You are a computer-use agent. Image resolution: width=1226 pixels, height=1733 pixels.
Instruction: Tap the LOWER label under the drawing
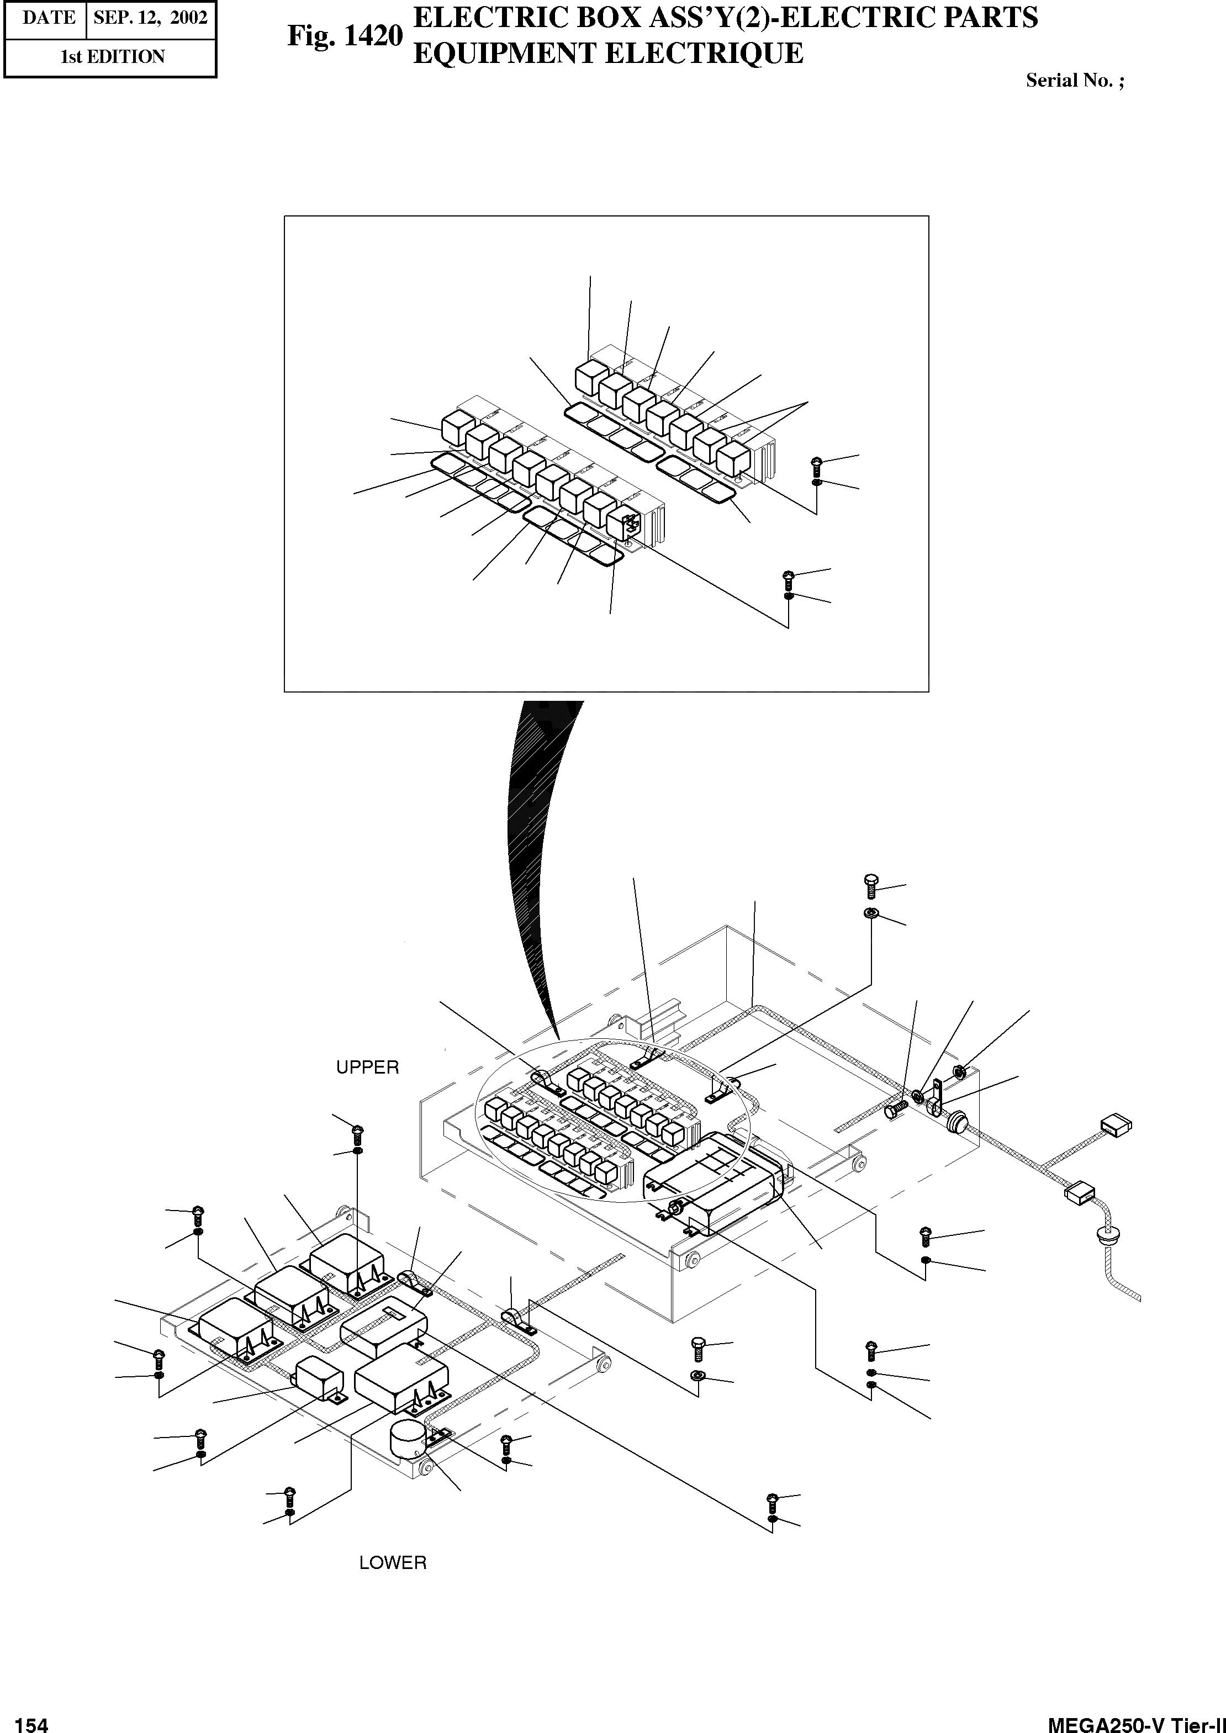[393, 1562]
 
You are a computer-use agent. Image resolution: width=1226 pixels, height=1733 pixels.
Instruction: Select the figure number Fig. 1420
[345, 35]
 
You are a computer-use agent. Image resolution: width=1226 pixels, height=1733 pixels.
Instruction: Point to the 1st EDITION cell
[112, 57]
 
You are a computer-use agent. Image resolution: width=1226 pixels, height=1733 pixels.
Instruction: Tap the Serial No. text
[1074, 81]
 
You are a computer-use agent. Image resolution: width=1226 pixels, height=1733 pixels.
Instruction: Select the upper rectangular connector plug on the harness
[1116, 1126]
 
